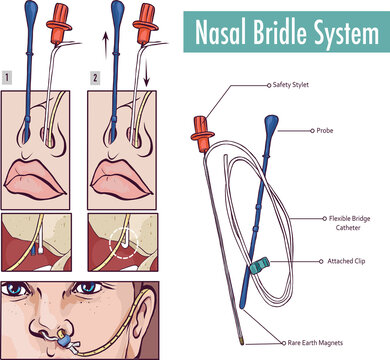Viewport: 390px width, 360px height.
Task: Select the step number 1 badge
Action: click(x=8, y=75)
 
